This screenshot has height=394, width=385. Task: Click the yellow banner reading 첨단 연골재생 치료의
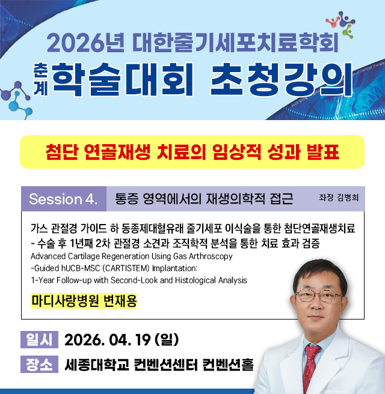click(x=192, y=152)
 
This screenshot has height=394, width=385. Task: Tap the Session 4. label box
click(x=63, y=199)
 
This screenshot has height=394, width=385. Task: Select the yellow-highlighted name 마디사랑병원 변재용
click(x=84, y=300)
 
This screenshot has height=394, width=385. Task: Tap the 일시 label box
click(x=38, y=340)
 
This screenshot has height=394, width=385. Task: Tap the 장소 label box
click(x=38, y=365)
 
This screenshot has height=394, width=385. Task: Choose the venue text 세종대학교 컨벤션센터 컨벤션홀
click(x=159, y=365)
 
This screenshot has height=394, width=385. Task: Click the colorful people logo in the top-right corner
click(x=346, y=22)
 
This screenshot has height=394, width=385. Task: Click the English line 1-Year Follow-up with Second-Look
click(x=138, y=280)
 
